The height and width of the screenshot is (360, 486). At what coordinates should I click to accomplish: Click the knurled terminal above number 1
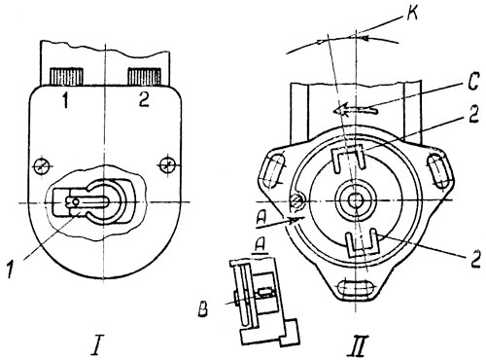click(66, 77)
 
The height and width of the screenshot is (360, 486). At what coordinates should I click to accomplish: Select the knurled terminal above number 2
click(144, 77)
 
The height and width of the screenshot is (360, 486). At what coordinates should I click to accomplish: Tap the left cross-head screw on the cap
click(41, 166)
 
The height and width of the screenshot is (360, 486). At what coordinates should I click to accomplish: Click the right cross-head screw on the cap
click(166, 165)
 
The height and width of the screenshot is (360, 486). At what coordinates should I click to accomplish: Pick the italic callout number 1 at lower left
click(11, 270)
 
